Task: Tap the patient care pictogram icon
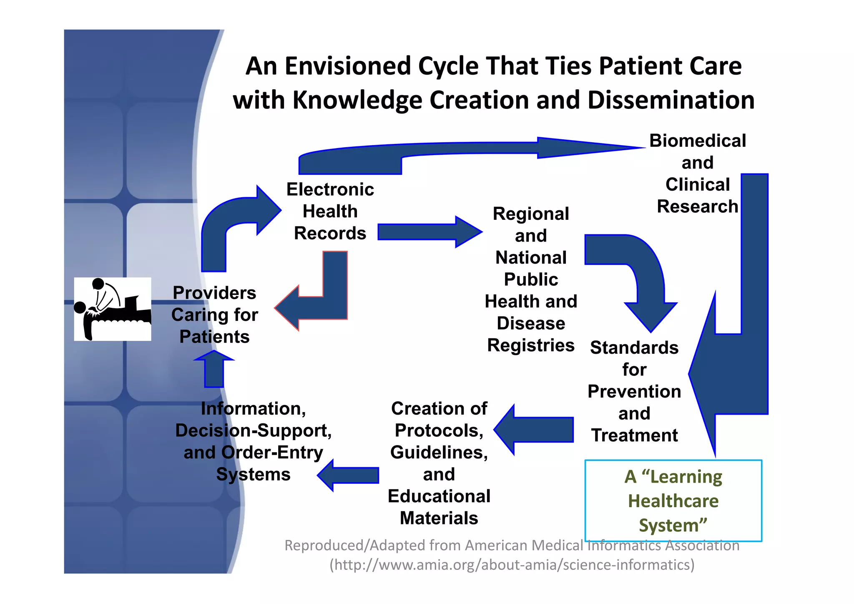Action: [113, 309]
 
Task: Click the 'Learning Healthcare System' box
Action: [673, 501]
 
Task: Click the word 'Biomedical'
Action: [698, 141]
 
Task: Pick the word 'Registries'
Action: [531, 345]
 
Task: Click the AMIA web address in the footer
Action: [512, 565]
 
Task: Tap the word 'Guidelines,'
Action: [439, 453]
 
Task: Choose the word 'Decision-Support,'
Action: [253, 430]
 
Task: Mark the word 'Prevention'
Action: [634, 392]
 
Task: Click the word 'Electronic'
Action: [330, 190]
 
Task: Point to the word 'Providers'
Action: [214, 293]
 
